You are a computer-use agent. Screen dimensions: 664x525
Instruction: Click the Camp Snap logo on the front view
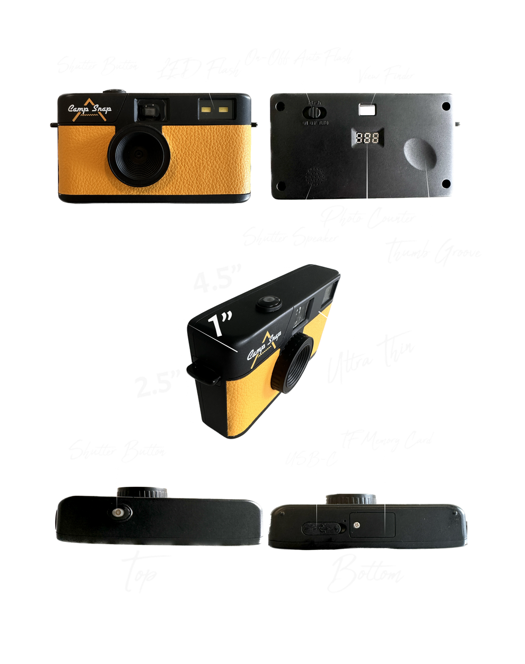pos(89,109)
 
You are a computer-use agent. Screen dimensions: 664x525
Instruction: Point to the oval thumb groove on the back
pos(422,153)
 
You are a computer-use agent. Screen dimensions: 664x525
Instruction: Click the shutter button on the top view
pos(118,512)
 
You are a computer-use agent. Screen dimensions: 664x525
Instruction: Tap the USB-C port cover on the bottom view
pos(322,527)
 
